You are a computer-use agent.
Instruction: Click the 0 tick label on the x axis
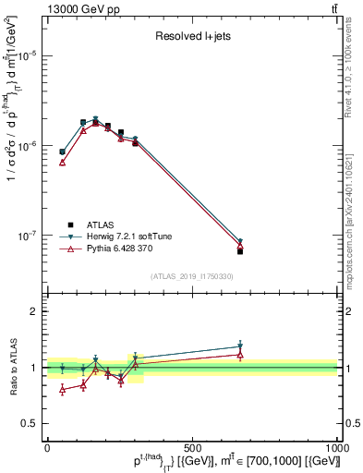[x=47, y=447]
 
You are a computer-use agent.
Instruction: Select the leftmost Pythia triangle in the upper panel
[x=62, y=162]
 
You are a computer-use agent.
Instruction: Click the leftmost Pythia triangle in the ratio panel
[x=62, y=389]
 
